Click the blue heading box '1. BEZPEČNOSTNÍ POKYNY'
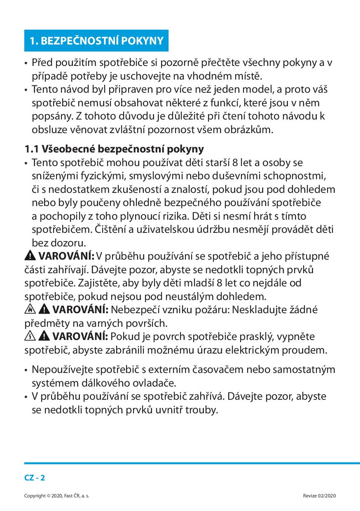tap(96, 40)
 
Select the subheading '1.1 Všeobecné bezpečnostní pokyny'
tap(114, 148)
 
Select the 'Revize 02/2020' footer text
tap(319, 496)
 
